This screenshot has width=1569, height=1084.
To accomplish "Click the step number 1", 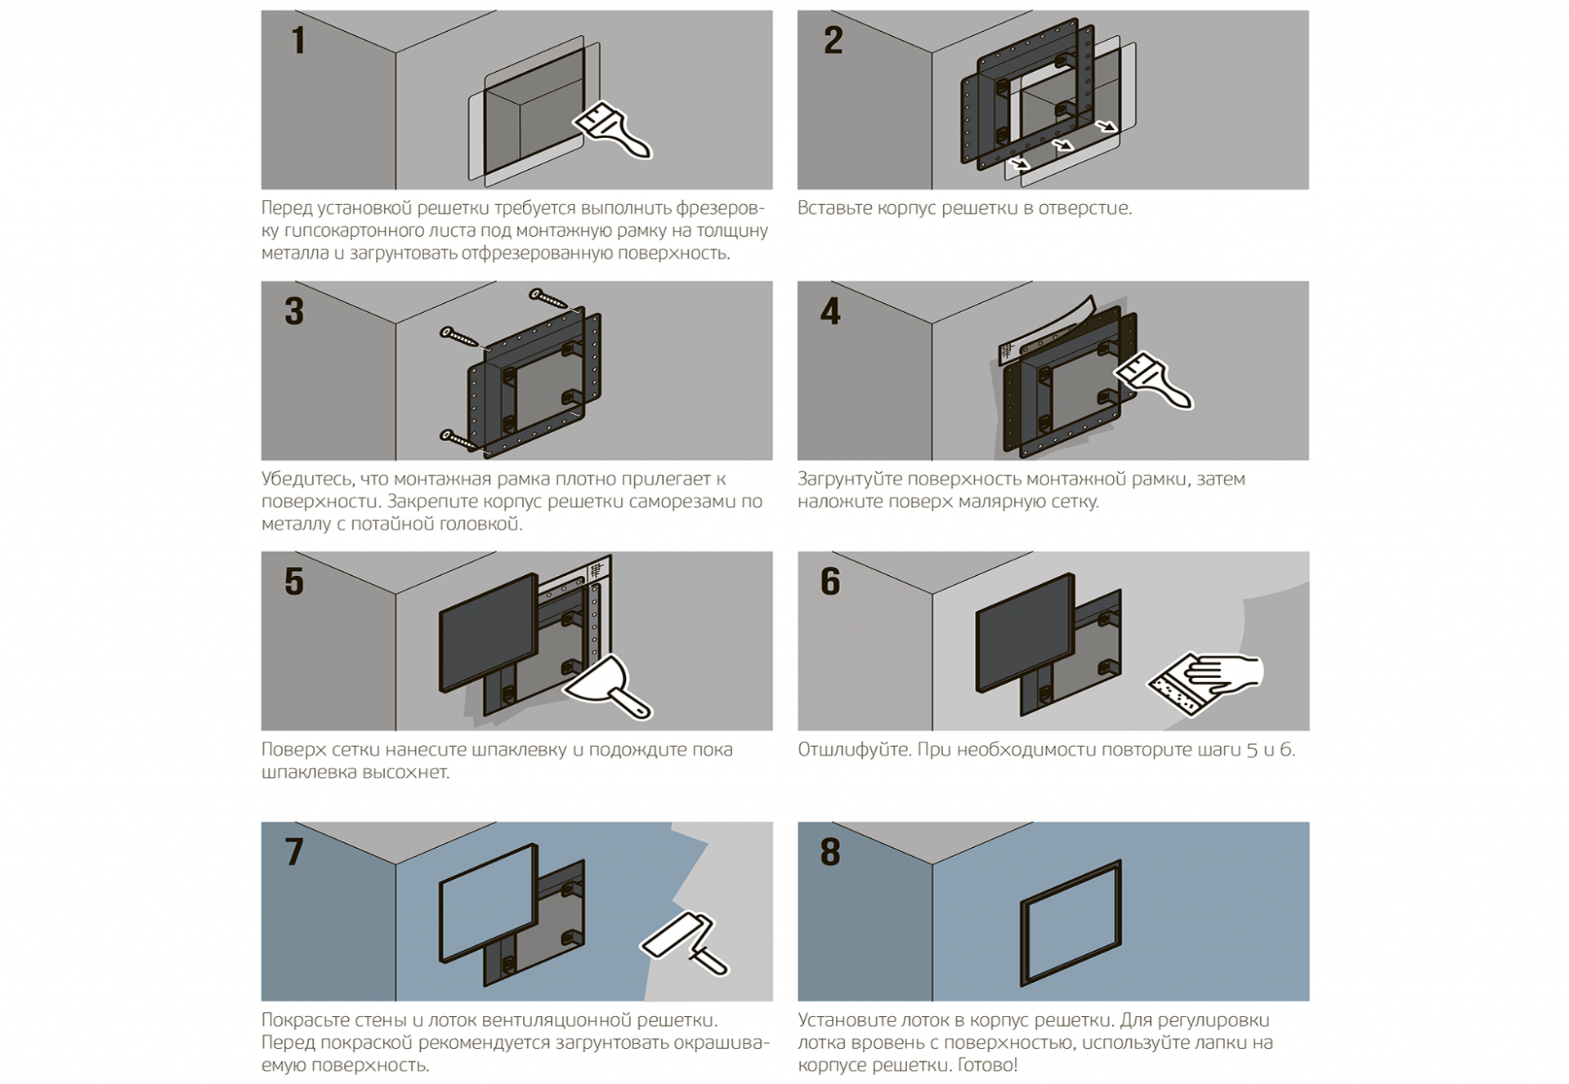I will coord(298,41).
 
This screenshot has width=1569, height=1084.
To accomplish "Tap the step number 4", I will coord(830,311).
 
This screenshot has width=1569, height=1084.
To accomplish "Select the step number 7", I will coord(294,852).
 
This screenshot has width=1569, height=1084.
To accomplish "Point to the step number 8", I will coord(830,852).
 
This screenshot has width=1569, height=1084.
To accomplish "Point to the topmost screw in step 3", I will coord(548,299).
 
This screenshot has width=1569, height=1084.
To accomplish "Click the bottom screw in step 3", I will coord(458,440).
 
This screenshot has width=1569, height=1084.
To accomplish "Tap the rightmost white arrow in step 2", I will coord(1106,127).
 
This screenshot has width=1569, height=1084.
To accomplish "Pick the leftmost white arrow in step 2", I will coord(1019,164).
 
